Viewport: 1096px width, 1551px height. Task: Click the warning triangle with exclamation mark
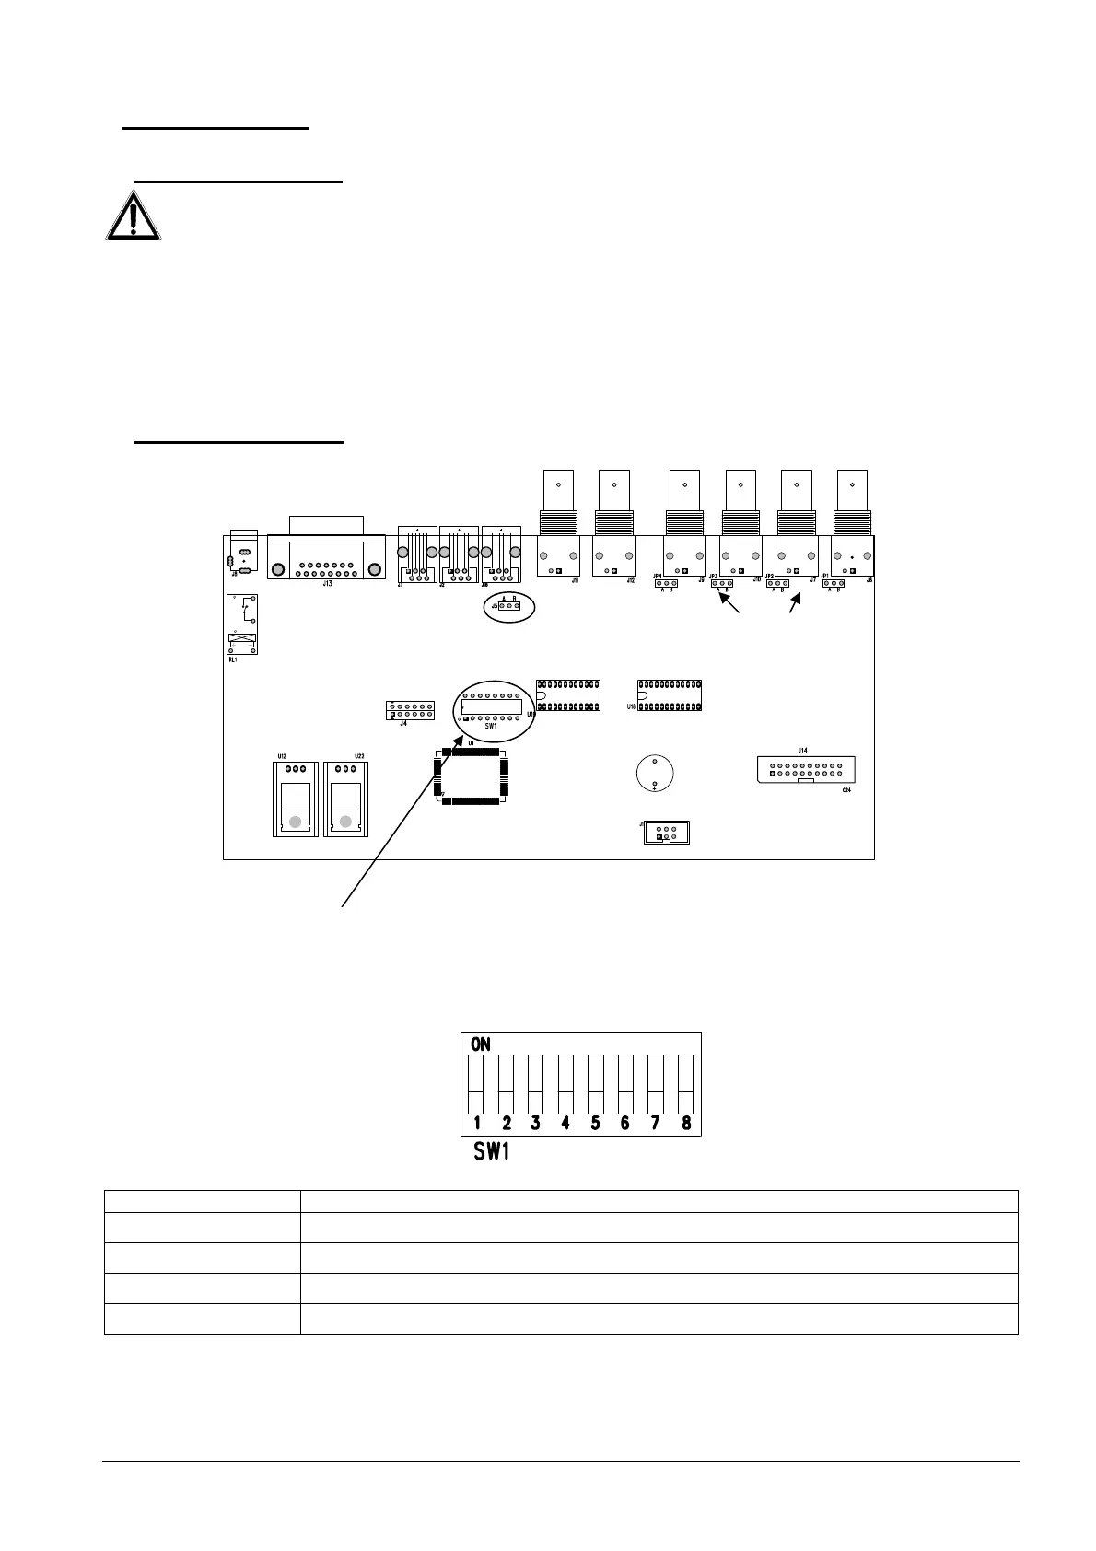[x=134, y=217]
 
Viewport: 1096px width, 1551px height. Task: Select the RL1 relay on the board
[x=242, y=624]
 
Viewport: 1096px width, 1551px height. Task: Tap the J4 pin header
[x=410, y=710]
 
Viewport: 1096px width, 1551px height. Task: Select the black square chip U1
[x=473, y=776]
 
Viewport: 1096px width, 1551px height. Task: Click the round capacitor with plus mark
[x=653, y=774]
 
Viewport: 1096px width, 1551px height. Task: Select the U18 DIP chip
[x=670, y=695]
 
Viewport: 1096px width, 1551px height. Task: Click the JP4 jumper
[x=665, y=583]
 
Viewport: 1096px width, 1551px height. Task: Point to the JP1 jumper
[x=833, y=583]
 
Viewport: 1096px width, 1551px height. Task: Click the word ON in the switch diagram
[x=481, y=1044]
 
